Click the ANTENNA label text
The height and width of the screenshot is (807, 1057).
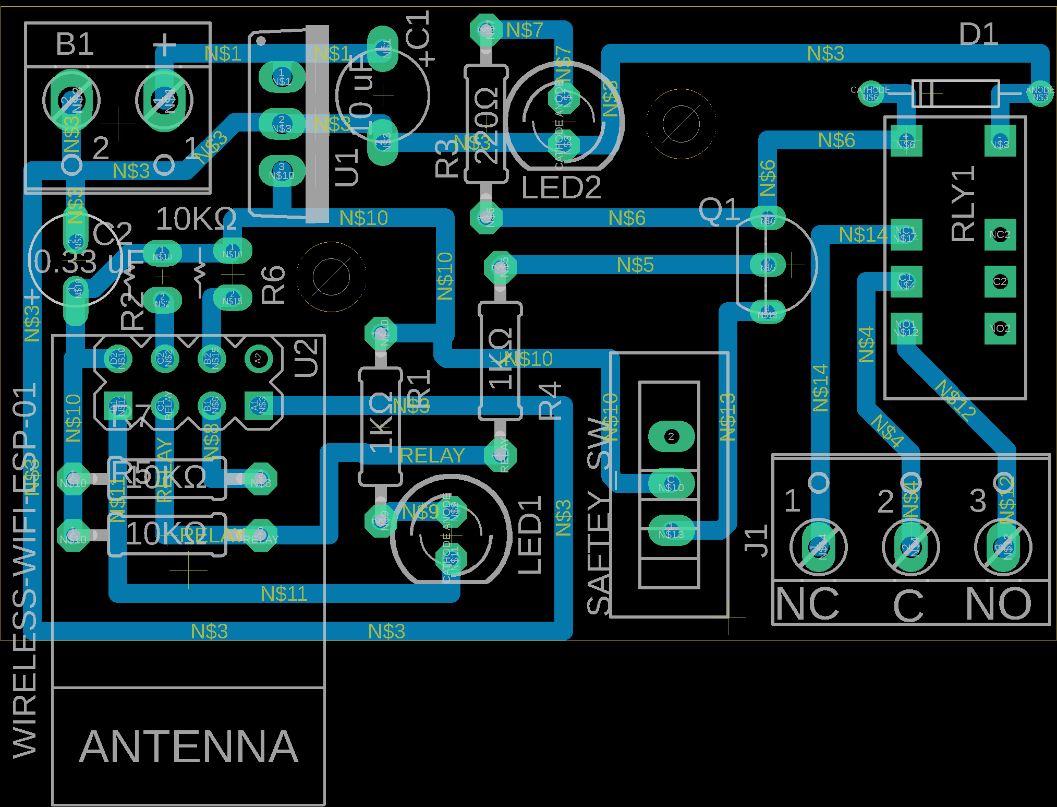click(x=189, y=747)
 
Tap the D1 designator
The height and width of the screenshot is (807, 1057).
click(x=978, y=34)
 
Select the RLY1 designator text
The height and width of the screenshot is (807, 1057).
click(x=963, y=203)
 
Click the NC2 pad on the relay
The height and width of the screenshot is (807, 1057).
click(x=1000, y=234)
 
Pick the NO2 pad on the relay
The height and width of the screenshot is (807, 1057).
click(x=1000, y=328)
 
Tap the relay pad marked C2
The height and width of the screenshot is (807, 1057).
click(x=1000, y=281)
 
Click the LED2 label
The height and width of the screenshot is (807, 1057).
click(x=561, y=188)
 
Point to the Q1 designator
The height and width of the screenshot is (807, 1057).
click(x=719, y=210)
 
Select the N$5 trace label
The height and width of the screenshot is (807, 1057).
click(x=635, y=265)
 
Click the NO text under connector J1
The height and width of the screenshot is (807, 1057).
click(x=998, y=604)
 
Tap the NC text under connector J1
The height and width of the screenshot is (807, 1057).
click(x=808, y=604)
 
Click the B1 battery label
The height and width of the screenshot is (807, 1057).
click(x=75, y=44)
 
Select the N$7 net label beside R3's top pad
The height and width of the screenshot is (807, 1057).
click(x=524, y=30)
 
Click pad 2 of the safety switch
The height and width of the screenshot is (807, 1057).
click(x=671, y=436)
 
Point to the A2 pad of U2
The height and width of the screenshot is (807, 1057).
click(x=258, y=359)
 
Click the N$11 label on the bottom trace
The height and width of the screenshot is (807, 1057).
click(x=284, y=594)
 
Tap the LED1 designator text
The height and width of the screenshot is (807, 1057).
click(x=530, y=535)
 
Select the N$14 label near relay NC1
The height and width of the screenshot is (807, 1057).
click(x=863, y=235)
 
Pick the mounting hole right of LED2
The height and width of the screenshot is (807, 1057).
click(x=681, y=124)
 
